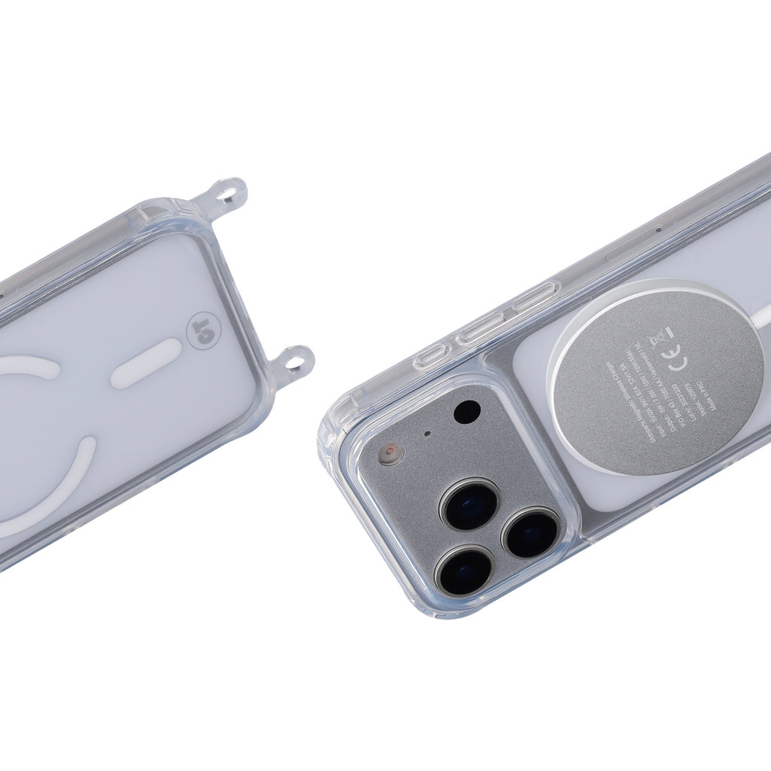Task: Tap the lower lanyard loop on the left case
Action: pyautogui.click(x=296, y=361)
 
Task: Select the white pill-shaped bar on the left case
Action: pyautogui.click(x=147, y=364)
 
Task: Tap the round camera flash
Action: pyautogui.click(x=390, y=453)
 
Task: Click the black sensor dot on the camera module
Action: pyautogui.click(x=467, y=412)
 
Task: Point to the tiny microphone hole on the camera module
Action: pyautogui.click(x=428, y=434)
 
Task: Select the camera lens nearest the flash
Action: pyautogui.click(x=470, y=504)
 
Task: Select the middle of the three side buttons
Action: pyautogui.click(x=481, y=328)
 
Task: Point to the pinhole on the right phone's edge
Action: pyautogui.click(x=659, y=229)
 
